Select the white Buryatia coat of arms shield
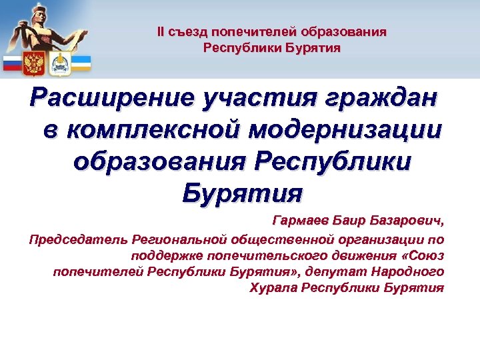58,63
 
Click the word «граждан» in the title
383,100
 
